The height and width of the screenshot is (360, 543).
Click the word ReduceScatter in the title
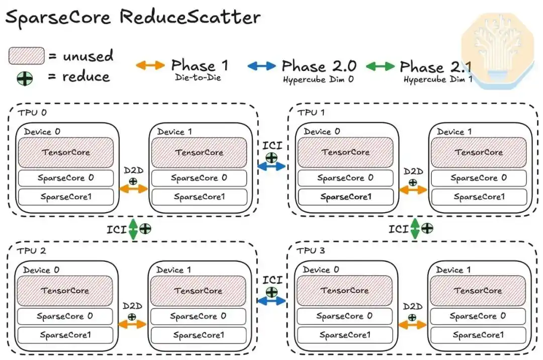pos(190,17)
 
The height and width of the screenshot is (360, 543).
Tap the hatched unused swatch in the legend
pos(26,56)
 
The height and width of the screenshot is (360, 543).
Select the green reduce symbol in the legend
pos(25,78)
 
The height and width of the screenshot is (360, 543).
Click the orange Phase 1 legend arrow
pos(150,65)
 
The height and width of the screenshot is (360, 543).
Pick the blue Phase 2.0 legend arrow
pos(262,66)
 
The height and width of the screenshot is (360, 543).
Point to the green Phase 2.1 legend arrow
pos(380,66)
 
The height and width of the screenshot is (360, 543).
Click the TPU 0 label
pos(32,113)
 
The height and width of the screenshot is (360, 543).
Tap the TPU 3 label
pos(311,250)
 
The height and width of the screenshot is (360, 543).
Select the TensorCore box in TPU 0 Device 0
pos(66,152)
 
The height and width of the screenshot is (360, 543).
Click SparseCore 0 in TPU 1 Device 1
pos(479,178)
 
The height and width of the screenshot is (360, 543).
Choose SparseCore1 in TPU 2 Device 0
pos(65,335)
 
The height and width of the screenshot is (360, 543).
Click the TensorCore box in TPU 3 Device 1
pos(478,291)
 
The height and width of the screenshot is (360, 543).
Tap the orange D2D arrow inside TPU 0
pos(133,189)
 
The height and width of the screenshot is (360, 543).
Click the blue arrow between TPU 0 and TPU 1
pos(271,166)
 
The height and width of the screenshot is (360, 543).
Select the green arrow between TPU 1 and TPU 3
pos(415,229)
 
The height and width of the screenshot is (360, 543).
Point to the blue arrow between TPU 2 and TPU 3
pos(271,301)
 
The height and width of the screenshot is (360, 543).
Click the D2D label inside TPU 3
pos(413,307)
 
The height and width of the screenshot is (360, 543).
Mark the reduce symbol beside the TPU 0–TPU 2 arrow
pos(145,228)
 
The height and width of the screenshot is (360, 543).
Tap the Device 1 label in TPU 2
pos(173,270)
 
